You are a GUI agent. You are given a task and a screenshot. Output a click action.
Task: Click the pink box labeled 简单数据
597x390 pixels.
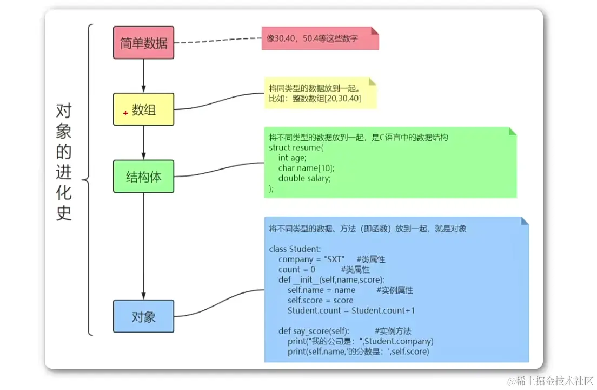click(x=143, y=43)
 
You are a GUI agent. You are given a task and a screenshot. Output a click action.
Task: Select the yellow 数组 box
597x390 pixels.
click(x=143, y=109)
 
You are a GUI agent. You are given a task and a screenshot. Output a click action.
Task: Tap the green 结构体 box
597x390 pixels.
click(x=143, y=177)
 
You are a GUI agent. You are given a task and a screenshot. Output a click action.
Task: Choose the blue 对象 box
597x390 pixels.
click(x=143, y=316)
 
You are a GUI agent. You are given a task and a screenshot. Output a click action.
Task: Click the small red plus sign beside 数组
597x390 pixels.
click(x=125, y=113)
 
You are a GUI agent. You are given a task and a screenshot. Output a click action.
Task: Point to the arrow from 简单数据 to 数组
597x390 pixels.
click(x=143, y=75)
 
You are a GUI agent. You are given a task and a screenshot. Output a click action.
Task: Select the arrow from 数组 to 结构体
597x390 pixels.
click(x=143, y=142)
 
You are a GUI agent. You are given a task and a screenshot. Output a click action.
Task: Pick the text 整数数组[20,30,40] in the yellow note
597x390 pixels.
click(x=327, y=99)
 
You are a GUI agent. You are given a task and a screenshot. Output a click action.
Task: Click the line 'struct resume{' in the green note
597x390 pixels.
click(x=296, y=147)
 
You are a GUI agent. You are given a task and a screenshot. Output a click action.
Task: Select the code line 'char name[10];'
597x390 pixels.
click(x=307, y=168)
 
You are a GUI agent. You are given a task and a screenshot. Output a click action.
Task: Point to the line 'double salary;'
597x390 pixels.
click(x=304, y=178)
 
